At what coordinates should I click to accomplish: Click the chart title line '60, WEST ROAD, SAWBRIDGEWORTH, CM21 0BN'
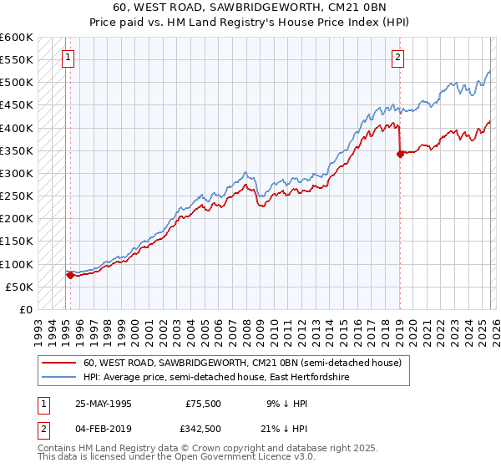[250, 8]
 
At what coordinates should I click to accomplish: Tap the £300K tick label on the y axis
[17, 173]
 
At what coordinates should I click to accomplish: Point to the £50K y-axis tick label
[19, 287]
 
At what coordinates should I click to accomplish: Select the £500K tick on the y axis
[17, 83]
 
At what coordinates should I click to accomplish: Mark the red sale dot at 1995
[69, 275]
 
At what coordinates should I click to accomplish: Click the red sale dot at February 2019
[400, 154]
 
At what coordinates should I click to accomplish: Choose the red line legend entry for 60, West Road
[242, 364]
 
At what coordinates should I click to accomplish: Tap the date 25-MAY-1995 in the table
[104, 403]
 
